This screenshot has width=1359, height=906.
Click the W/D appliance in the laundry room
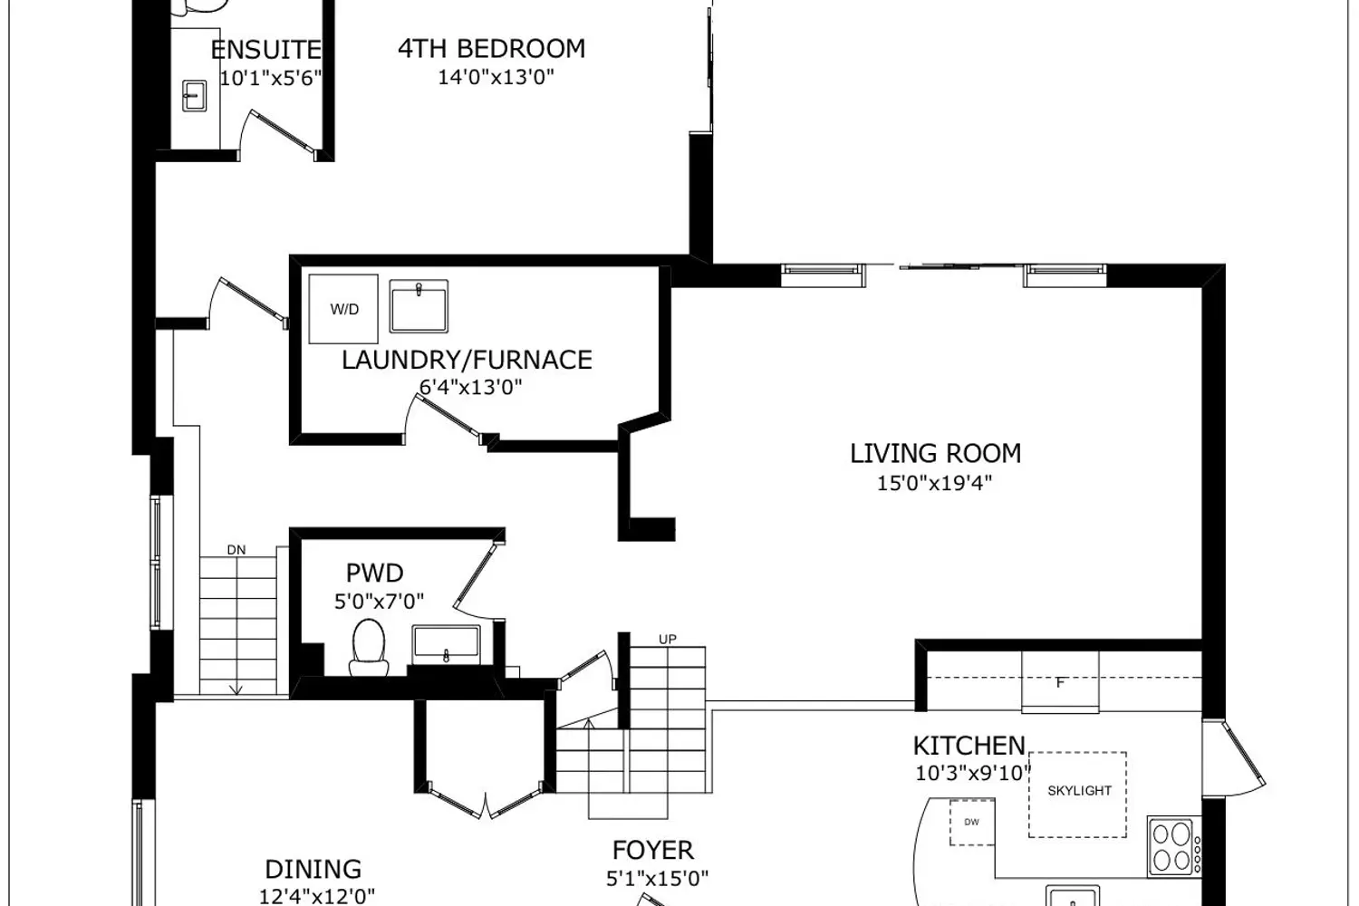point(343,309)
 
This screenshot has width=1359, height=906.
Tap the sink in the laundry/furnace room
point(419,306)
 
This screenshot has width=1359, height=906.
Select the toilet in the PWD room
point(368,648)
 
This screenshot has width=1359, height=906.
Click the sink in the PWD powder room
point(446,645)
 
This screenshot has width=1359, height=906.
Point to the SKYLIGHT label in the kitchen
point(1079,791)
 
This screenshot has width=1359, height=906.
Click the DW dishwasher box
point(972,823)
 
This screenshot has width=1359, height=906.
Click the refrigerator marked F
point(1060,682)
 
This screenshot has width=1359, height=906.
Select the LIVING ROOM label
point(935,453)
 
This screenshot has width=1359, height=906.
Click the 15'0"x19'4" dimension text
point(934,483)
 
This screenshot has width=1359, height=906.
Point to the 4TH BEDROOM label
point(491,49)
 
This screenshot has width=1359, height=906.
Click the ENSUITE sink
point(194,96)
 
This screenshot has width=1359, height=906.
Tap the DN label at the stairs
point(236,550)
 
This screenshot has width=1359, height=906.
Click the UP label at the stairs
point(668,639)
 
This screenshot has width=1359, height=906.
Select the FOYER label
point(653,850)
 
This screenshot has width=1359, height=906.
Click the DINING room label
point(313,870)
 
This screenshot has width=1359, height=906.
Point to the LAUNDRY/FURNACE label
point(467,360)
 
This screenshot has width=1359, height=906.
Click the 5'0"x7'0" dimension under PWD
point(379,602)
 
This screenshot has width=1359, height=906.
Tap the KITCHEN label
point(969,746)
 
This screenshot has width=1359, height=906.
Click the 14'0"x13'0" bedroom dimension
point(496,77)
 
